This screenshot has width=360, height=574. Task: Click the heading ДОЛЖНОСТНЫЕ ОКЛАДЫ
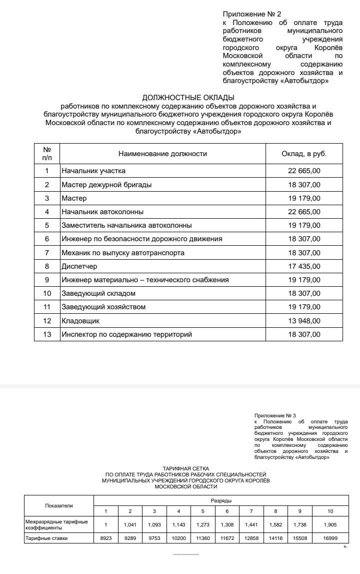(x=188, y=98)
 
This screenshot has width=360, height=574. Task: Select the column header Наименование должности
(x=162, y=154)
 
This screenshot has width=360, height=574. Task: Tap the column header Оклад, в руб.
(x=304, y=154)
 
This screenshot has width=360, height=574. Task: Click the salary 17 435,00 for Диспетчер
(x=304, y=266)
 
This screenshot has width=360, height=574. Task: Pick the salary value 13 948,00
(x=304, y=320)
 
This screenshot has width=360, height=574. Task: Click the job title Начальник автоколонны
(x=102, y=212)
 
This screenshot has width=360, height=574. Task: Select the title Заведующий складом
(x=98, y=293)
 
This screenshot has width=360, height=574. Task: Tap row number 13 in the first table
(x=47, y=334)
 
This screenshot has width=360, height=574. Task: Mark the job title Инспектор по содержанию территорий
(x=126, y=334)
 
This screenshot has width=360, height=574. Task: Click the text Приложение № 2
(x=255, y=15)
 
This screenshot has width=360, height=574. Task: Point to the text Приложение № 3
(x=275, y=416)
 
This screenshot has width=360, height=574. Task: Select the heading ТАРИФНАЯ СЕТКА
(x=186, y=468)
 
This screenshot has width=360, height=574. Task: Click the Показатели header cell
(x=59, y=505)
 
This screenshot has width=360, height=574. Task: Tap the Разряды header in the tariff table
(x=221, y=500)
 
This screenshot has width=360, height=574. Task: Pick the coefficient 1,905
(x=330, y=524)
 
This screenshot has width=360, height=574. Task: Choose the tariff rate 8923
(x=105, y=538)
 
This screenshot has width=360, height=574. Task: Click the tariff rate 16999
(x=330, y=538)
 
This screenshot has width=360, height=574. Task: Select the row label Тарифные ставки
(x=46, y=538)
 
